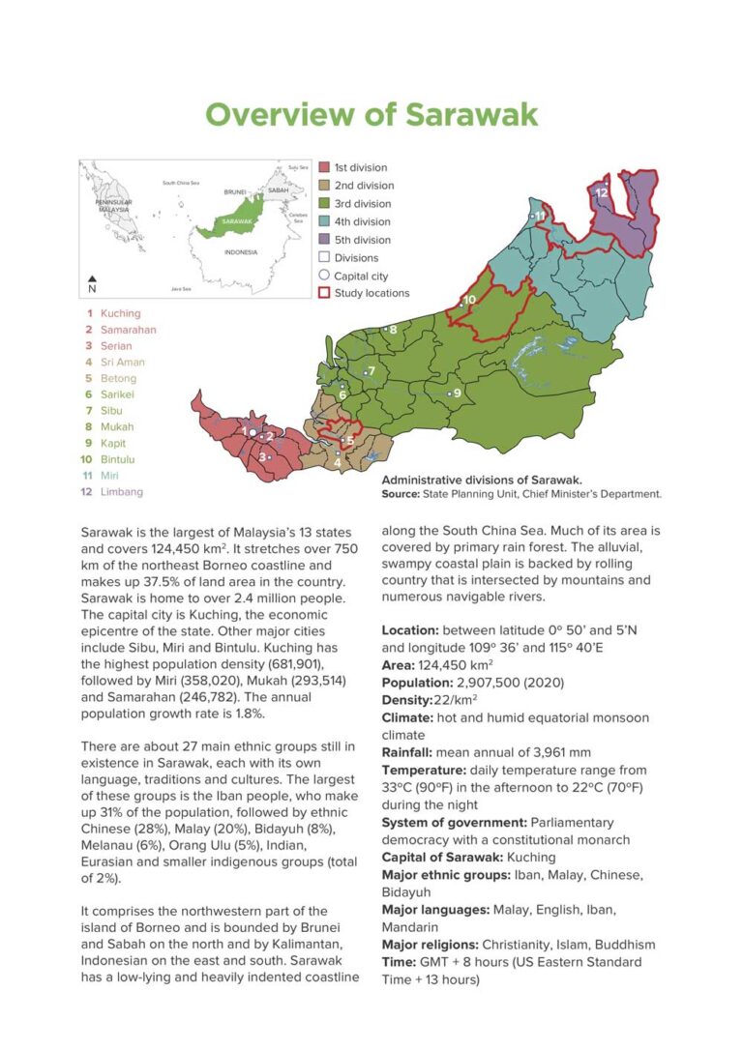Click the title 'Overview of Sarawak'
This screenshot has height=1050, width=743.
(371, 114)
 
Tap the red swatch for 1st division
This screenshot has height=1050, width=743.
(325, 167)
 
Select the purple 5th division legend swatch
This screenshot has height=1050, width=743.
(325, 240)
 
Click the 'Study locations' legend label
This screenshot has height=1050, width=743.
(371, 293)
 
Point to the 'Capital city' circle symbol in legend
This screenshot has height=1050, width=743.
(325, 276)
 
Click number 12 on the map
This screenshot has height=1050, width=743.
(602, 192)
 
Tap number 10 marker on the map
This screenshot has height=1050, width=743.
(469, 300)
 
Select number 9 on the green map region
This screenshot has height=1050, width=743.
(457, 393)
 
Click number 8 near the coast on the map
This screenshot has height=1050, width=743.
(393, 330)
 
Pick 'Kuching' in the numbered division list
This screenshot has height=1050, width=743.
(120, 313)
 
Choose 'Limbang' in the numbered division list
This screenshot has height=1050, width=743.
(121, 491)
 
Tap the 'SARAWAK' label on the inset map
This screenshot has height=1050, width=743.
(236, 221)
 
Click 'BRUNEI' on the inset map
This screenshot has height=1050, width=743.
(235, 191)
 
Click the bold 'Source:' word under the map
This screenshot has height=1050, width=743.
(401, 493)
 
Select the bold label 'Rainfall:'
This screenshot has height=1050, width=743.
(407, 752)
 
